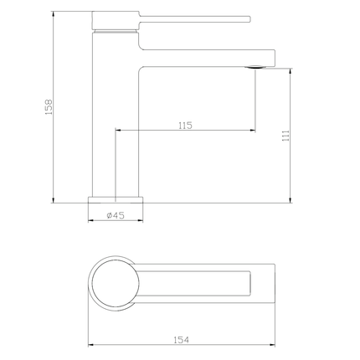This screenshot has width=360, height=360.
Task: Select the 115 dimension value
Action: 186,125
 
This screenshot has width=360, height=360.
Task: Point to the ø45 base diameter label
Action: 116,215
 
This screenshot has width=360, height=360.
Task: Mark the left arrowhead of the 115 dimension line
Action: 117,131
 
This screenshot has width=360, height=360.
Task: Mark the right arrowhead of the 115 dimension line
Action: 254,131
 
